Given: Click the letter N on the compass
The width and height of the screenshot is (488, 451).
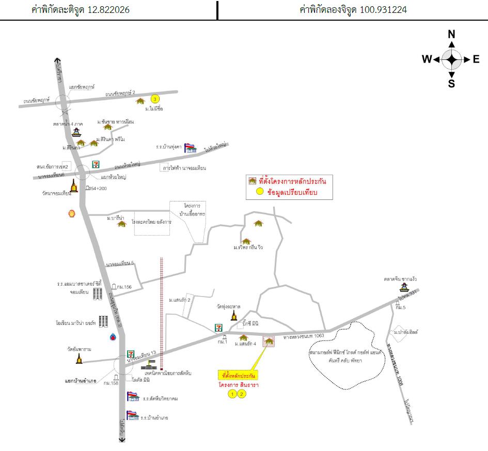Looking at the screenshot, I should point(451,35).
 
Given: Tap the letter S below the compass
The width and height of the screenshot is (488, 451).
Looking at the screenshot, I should point(451,84).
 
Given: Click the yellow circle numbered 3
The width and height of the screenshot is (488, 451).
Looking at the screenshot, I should point(154,99).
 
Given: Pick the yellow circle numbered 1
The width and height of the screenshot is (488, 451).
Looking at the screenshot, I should point(232,394).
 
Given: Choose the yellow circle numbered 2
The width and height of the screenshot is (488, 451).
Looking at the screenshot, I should point(242,394).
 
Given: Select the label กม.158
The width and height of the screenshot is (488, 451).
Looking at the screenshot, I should point(111,383).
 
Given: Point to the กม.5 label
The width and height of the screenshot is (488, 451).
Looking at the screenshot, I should point(401,308).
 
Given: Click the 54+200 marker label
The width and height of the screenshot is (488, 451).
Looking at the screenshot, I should point(99,189).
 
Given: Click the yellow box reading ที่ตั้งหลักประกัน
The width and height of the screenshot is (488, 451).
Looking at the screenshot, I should point(239,375).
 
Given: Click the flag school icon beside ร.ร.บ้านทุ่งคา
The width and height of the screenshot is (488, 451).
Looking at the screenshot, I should point(190,148).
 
